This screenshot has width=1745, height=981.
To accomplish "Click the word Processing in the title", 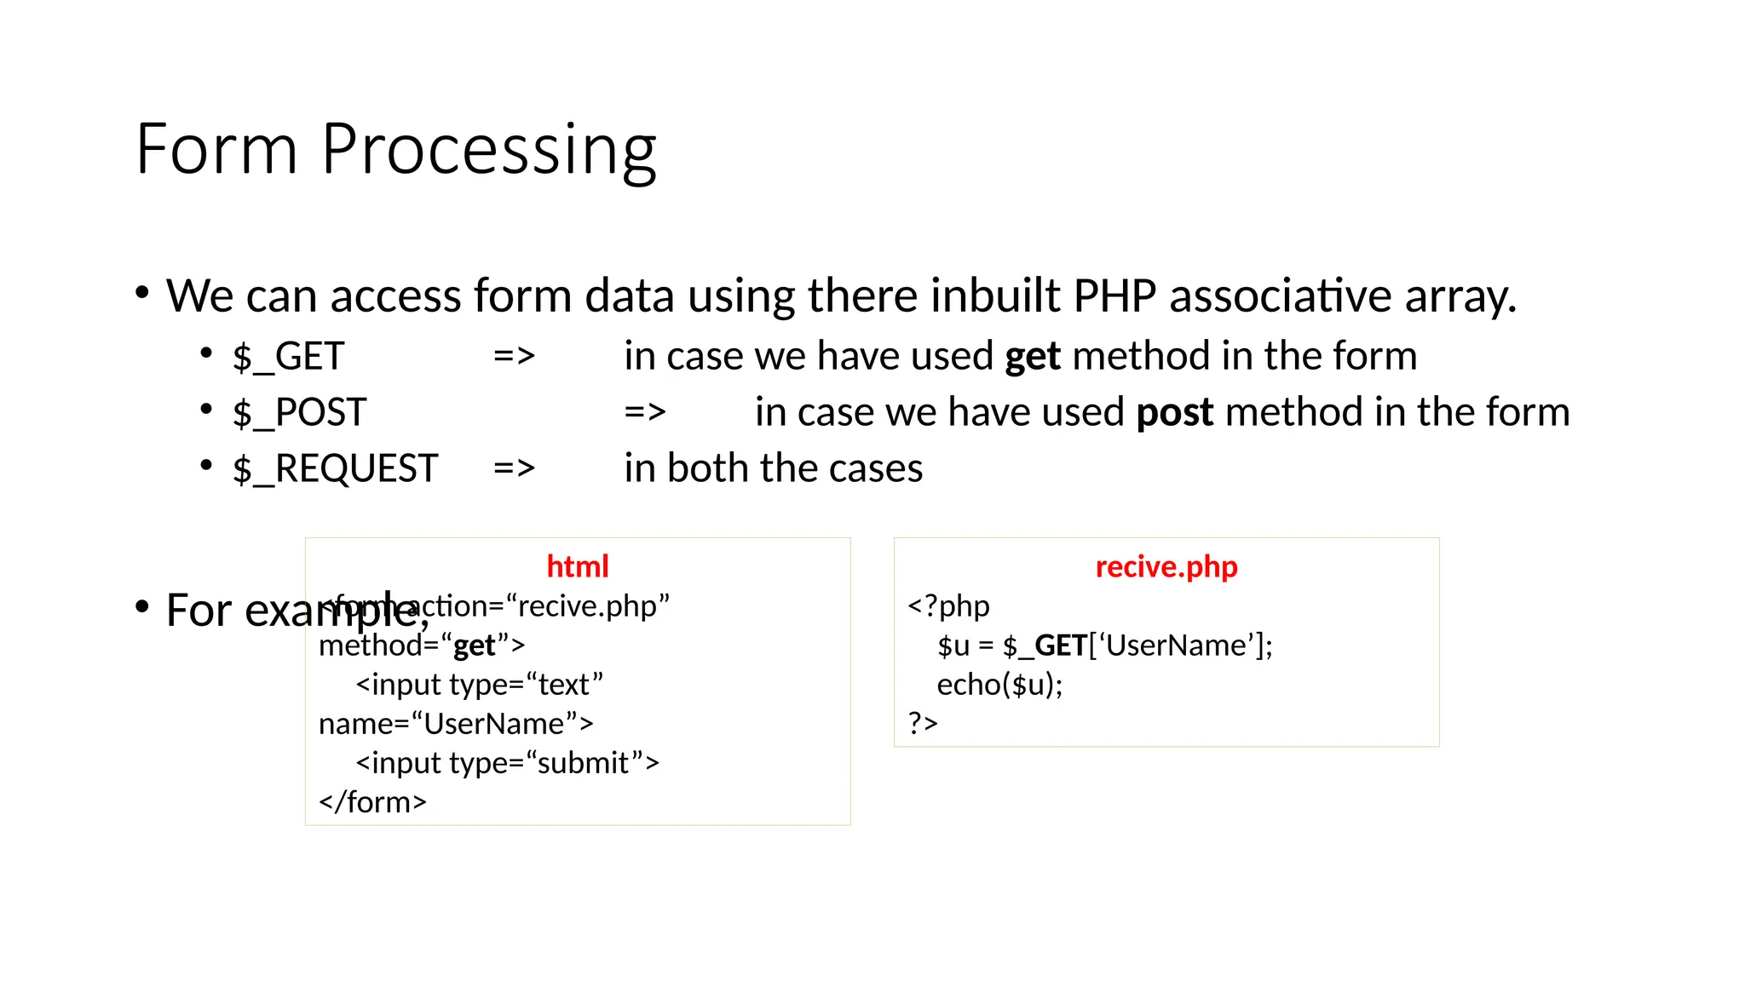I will (x=488, y=150).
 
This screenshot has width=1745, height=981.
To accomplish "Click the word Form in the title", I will (x=216, y=150).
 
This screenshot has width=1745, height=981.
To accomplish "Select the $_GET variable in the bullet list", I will (x=288, y=356).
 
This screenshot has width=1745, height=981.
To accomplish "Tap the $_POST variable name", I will (x=299, y=412).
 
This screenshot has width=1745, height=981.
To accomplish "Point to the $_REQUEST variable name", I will (x=335, y=468).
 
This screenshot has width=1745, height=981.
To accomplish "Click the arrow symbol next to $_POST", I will (x=644, y=412).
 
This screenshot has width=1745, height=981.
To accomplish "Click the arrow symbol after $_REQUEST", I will (x=514, y=468).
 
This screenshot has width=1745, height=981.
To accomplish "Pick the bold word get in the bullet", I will (x=1032, y=356).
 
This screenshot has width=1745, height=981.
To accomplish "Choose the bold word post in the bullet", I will (x=1174, y=412).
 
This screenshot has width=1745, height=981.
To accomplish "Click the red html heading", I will (x=577, y=566).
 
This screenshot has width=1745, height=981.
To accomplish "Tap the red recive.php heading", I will (x=1166, y=566).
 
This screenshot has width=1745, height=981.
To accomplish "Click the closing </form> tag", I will (x=372, y=802).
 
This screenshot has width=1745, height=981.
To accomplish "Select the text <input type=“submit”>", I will (x=507, y=763).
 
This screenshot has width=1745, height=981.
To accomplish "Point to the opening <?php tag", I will (x=948, y=606).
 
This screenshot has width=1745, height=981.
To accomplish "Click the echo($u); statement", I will (x=999, y=685).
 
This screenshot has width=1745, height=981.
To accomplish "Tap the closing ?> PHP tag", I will (x=922, y=723).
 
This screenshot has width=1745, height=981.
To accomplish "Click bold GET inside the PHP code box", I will (x=1060, y=645).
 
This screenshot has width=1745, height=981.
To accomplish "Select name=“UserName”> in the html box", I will (x=456, y=724).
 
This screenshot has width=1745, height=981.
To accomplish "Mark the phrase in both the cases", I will (x=773, y=468).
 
